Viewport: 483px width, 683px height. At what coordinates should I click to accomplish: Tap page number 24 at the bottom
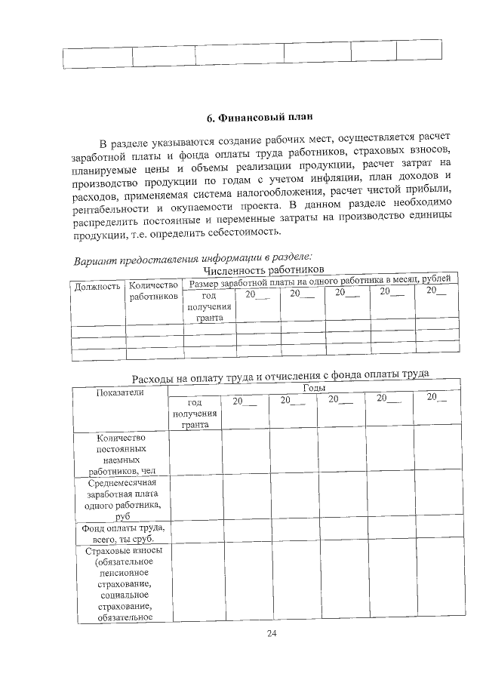coord(272,633)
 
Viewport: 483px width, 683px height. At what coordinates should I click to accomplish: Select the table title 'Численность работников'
coord(263,269)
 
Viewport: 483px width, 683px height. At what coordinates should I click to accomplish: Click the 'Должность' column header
coord(97,287)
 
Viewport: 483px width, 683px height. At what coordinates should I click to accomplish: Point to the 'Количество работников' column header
coord(154,291)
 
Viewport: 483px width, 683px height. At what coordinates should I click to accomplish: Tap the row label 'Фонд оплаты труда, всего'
coord(122,534)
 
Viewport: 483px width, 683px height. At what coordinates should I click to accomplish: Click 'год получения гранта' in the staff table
coord(209,306)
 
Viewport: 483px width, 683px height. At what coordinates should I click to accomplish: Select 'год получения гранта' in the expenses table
coord(195,414)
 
